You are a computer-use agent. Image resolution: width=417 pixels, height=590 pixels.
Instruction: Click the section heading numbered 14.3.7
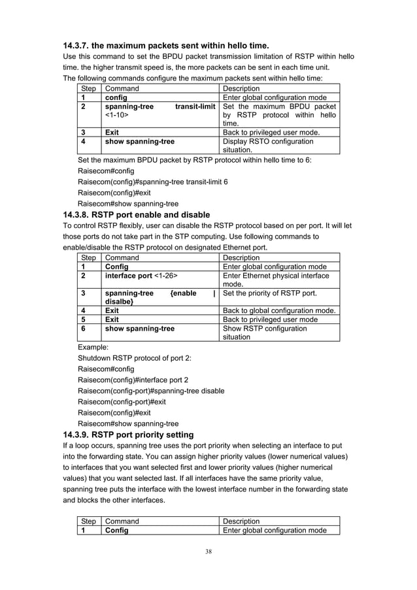coord(165,46)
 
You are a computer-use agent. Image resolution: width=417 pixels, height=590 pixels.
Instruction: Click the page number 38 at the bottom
coord(208,552)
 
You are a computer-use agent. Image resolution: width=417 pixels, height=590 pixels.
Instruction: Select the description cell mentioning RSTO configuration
coord(268,145)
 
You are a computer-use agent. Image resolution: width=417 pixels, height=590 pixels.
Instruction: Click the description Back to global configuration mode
coord(280,310)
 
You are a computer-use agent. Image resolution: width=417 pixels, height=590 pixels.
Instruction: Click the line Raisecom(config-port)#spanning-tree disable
coord(151,391)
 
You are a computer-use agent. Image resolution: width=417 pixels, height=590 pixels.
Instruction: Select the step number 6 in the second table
coord(84,329)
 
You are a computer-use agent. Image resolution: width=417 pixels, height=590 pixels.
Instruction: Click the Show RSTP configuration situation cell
coord(265,333)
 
